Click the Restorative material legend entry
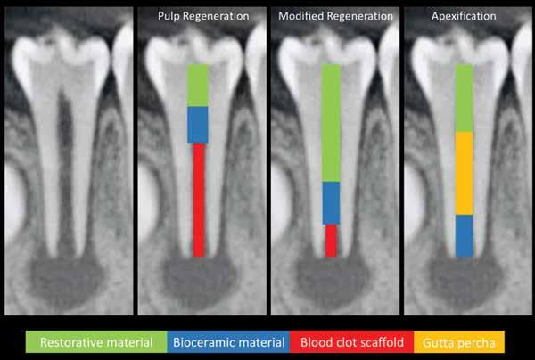click(x=95, y=341)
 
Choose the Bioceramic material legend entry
click(x=228, y=341)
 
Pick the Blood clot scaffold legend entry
click(x=351, y=341)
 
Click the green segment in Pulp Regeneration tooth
click(x=197, y=86)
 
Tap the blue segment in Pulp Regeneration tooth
click(x=197, y=125)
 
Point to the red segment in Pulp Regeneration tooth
click(x=199, y=200)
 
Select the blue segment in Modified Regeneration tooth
click(x=331, y=202)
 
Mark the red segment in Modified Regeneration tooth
click(x=331, y=240)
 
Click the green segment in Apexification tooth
click(x=464, y=98)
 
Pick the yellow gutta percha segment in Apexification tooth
click(x=464, y=173)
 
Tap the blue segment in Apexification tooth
click(x=464, y=235)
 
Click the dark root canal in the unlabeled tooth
click(x=64, y=134)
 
